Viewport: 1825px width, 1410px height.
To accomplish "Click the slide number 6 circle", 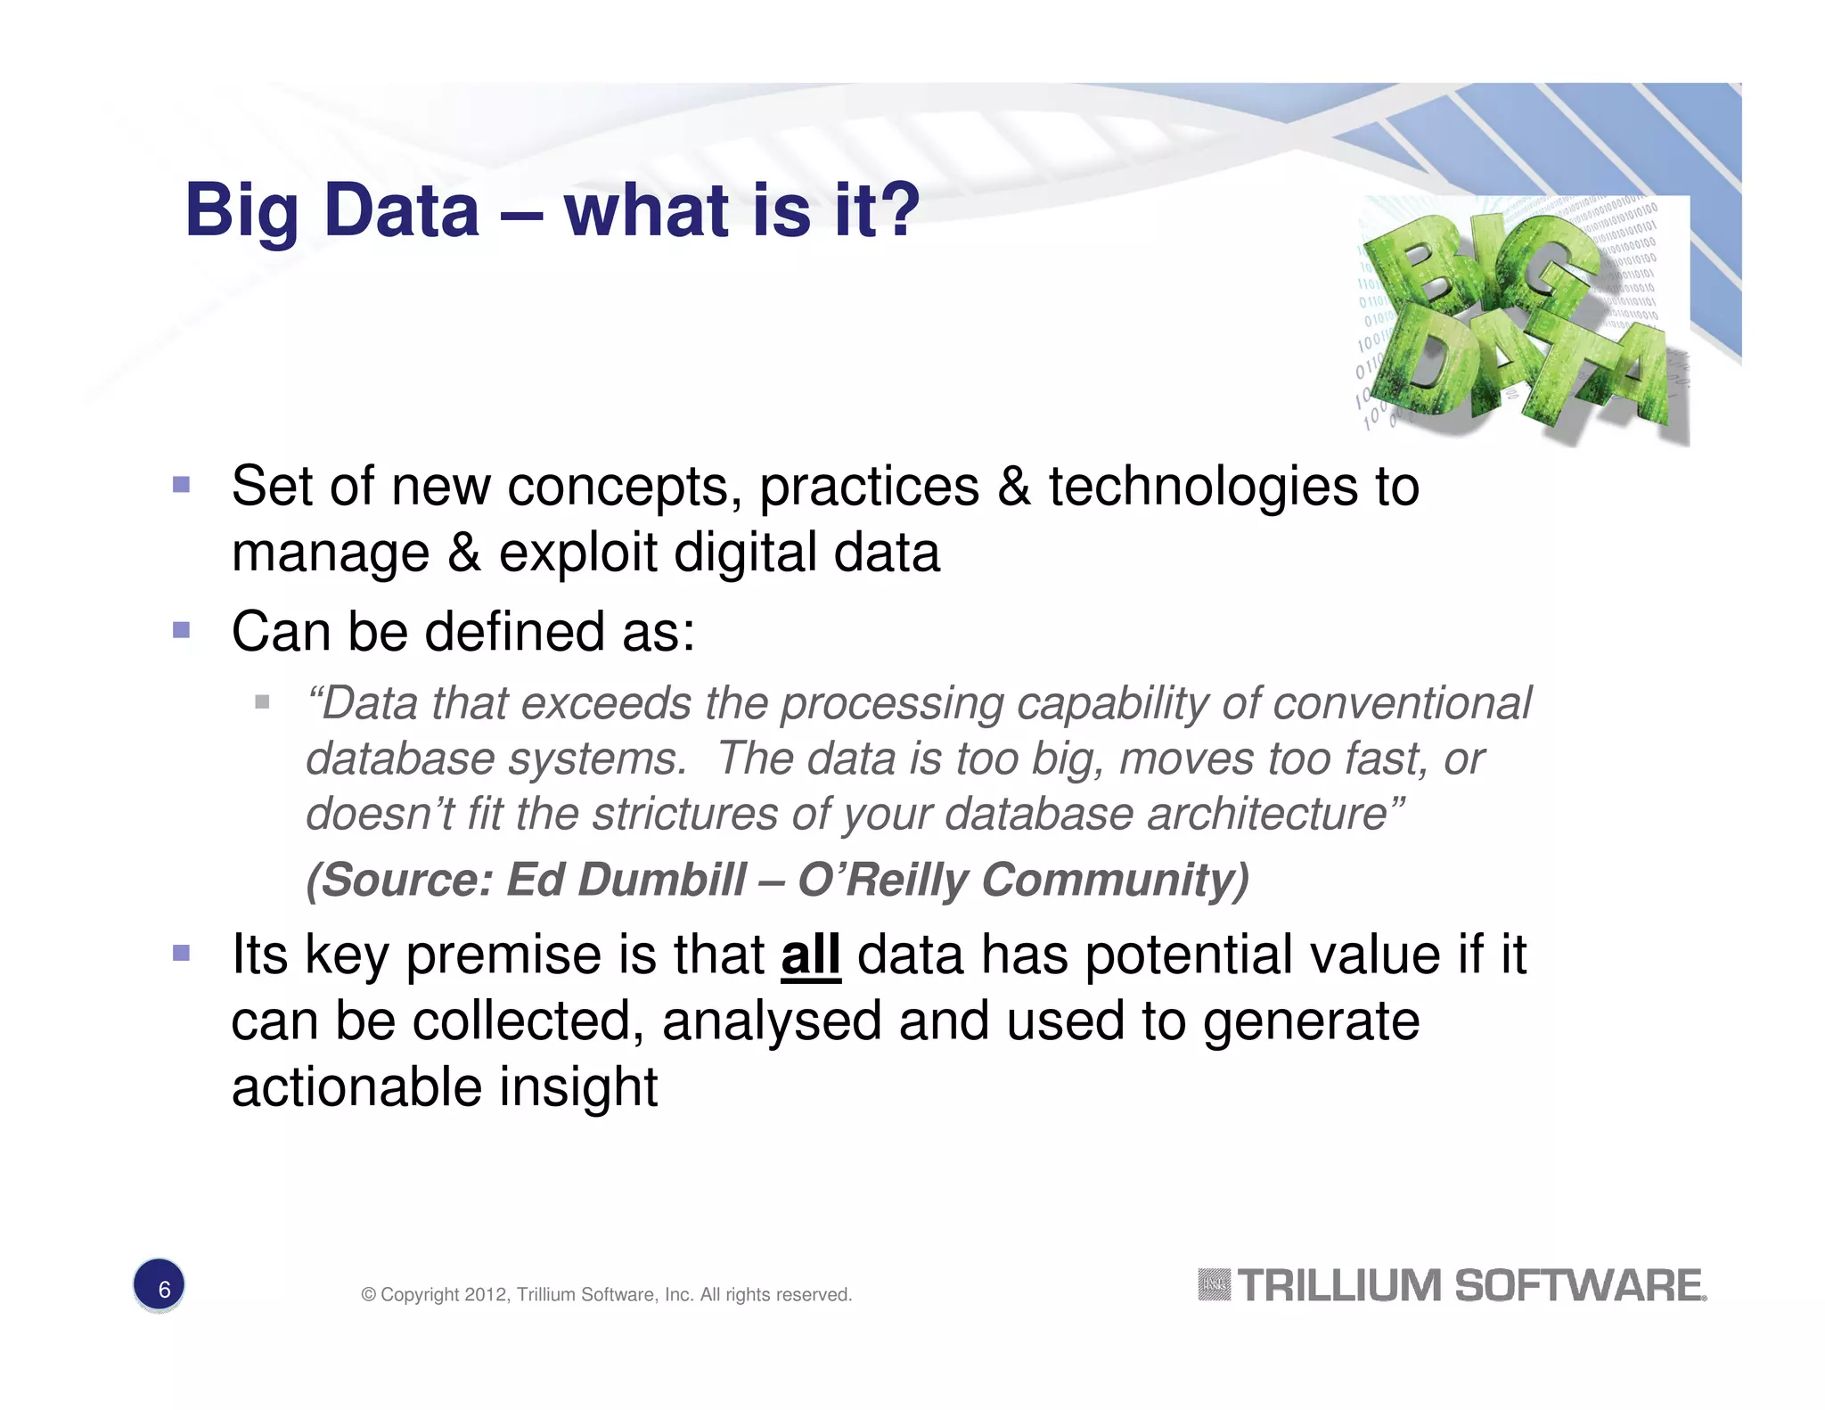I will pos(159,1286).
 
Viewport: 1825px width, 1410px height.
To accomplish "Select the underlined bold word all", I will pos(810,955).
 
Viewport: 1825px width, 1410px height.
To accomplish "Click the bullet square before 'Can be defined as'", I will pos(182,630).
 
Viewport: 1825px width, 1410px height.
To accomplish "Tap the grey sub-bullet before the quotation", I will pos(262,702).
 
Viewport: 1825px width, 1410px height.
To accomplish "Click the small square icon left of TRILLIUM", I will pos(1214,1284).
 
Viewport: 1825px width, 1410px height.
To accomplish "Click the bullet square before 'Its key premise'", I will pos(182,953).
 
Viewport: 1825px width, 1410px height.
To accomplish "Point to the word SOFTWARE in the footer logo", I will pos(1579,1286).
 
